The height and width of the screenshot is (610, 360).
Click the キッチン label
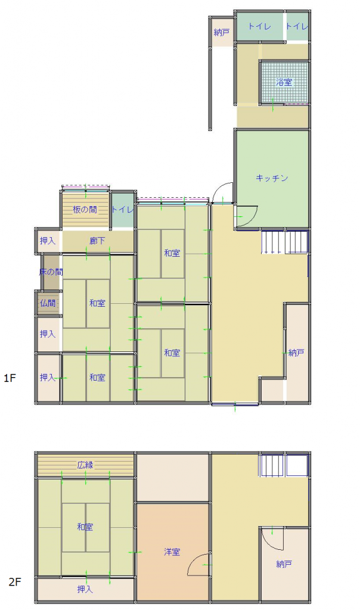point(272,178)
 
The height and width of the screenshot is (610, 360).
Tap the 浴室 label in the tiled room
point(284,82)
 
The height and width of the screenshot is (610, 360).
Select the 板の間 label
point(85,209)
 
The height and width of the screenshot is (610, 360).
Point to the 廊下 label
point(98,241)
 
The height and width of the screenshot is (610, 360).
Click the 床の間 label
point(51,272)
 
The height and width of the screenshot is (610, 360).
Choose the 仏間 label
point(48,303)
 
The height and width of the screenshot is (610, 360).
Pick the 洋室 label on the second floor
point(172,552)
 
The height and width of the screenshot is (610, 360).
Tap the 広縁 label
point(85,465)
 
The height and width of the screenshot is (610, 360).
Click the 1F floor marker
point(10,377)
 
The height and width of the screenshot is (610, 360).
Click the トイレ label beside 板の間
point(122,209)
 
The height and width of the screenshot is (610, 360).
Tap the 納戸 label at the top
point(221,32)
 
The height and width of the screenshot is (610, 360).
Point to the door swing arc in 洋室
point(197,567)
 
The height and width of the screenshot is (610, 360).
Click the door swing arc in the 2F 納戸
point(274,539)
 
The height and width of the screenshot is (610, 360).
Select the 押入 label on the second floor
point(85,589)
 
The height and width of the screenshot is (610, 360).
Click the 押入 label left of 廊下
point(48,241)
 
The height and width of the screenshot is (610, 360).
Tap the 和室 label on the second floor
point(85,527)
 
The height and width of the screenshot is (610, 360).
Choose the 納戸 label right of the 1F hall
point(296,353)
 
